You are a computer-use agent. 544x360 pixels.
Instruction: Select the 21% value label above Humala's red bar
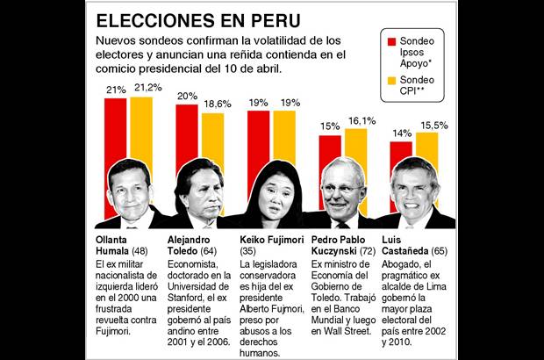pyautogui.click(x=116, y=90)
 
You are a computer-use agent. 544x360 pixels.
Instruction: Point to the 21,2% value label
pyautogui.click(x=146, y=89)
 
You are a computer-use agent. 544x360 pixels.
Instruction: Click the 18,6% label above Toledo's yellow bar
pyautogui.click(x=215, y=104)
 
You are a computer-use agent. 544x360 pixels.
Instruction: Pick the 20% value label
pyautogui.click(x=187, y=96)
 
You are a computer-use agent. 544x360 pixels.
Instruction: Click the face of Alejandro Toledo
pyautogui.click(x=202, y=191)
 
